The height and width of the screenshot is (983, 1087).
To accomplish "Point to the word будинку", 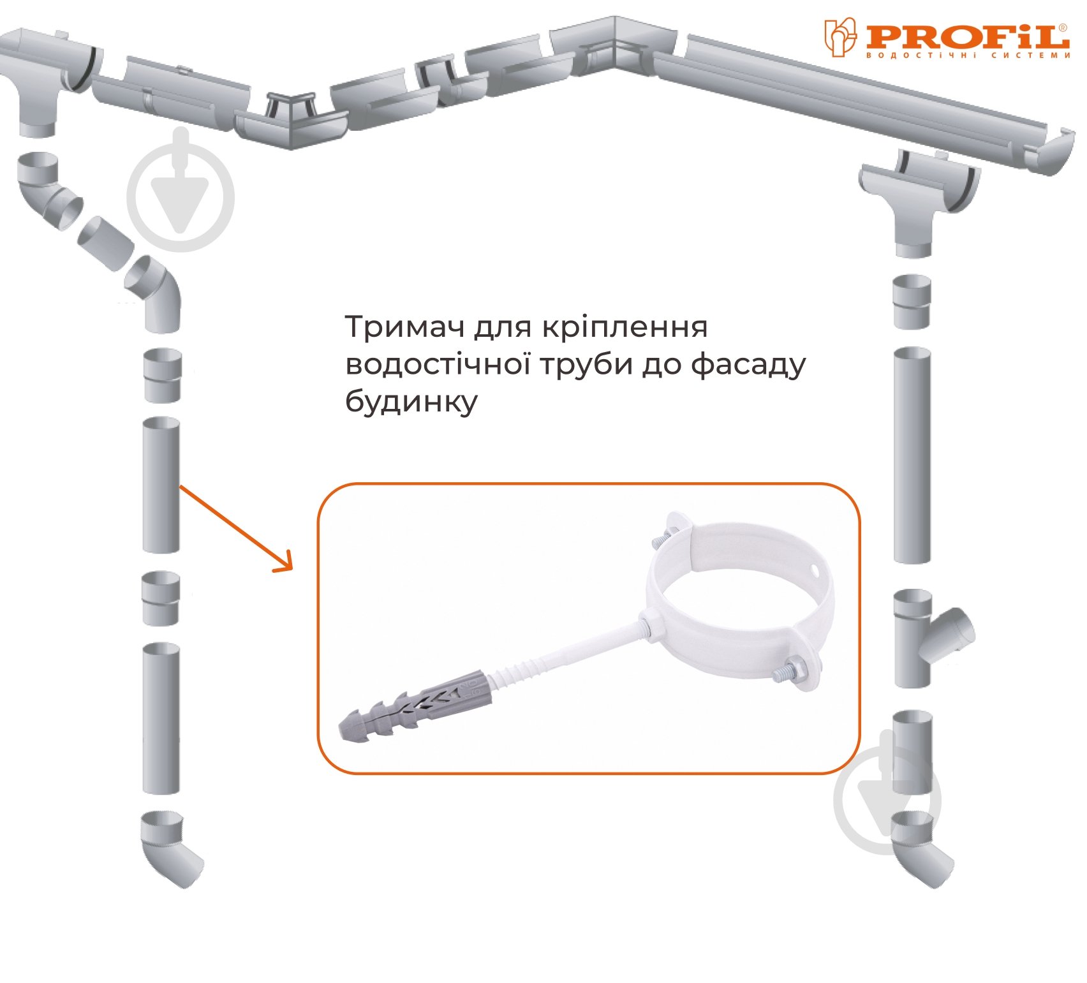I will [x=411, y=403].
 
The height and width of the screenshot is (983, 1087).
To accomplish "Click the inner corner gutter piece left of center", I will [x=291, y=119].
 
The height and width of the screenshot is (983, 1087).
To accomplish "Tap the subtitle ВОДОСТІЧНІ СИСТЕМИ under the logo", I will [x=967, y=55].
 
